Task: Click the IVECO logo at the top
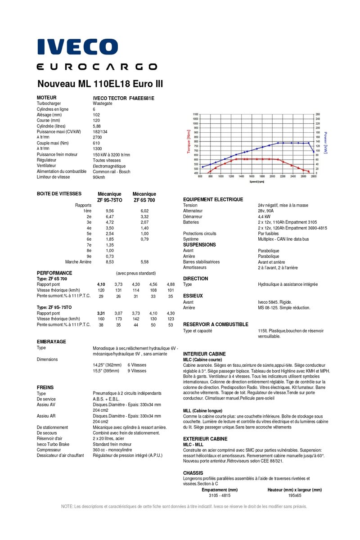(77, 47)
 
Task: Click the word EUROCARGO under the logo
(97, 67)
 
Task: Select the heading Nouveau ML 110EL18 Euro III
(100, 84)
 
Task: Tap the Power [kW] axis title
(325, 142)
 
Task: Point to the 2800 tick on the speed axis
(314, 176)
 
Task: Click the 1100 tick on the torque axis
(195, 114)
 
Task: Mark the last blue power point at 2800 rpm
(314, 152)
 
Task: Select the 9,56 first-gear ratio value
(109, 211)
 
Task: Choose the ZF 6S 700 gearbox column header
(144, 199)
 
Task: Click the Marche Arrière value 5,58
(144, 261)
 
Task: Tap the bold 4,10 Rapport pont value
(101, 284)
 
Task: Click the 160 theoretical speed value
(101, 319)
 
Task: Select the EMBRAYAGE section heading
(51, 342)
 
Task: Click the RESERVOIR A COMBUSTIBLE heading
(216, 324)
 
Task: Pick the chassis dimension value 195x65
(295, 495)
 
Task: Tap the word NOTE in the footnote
(67, 506)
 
